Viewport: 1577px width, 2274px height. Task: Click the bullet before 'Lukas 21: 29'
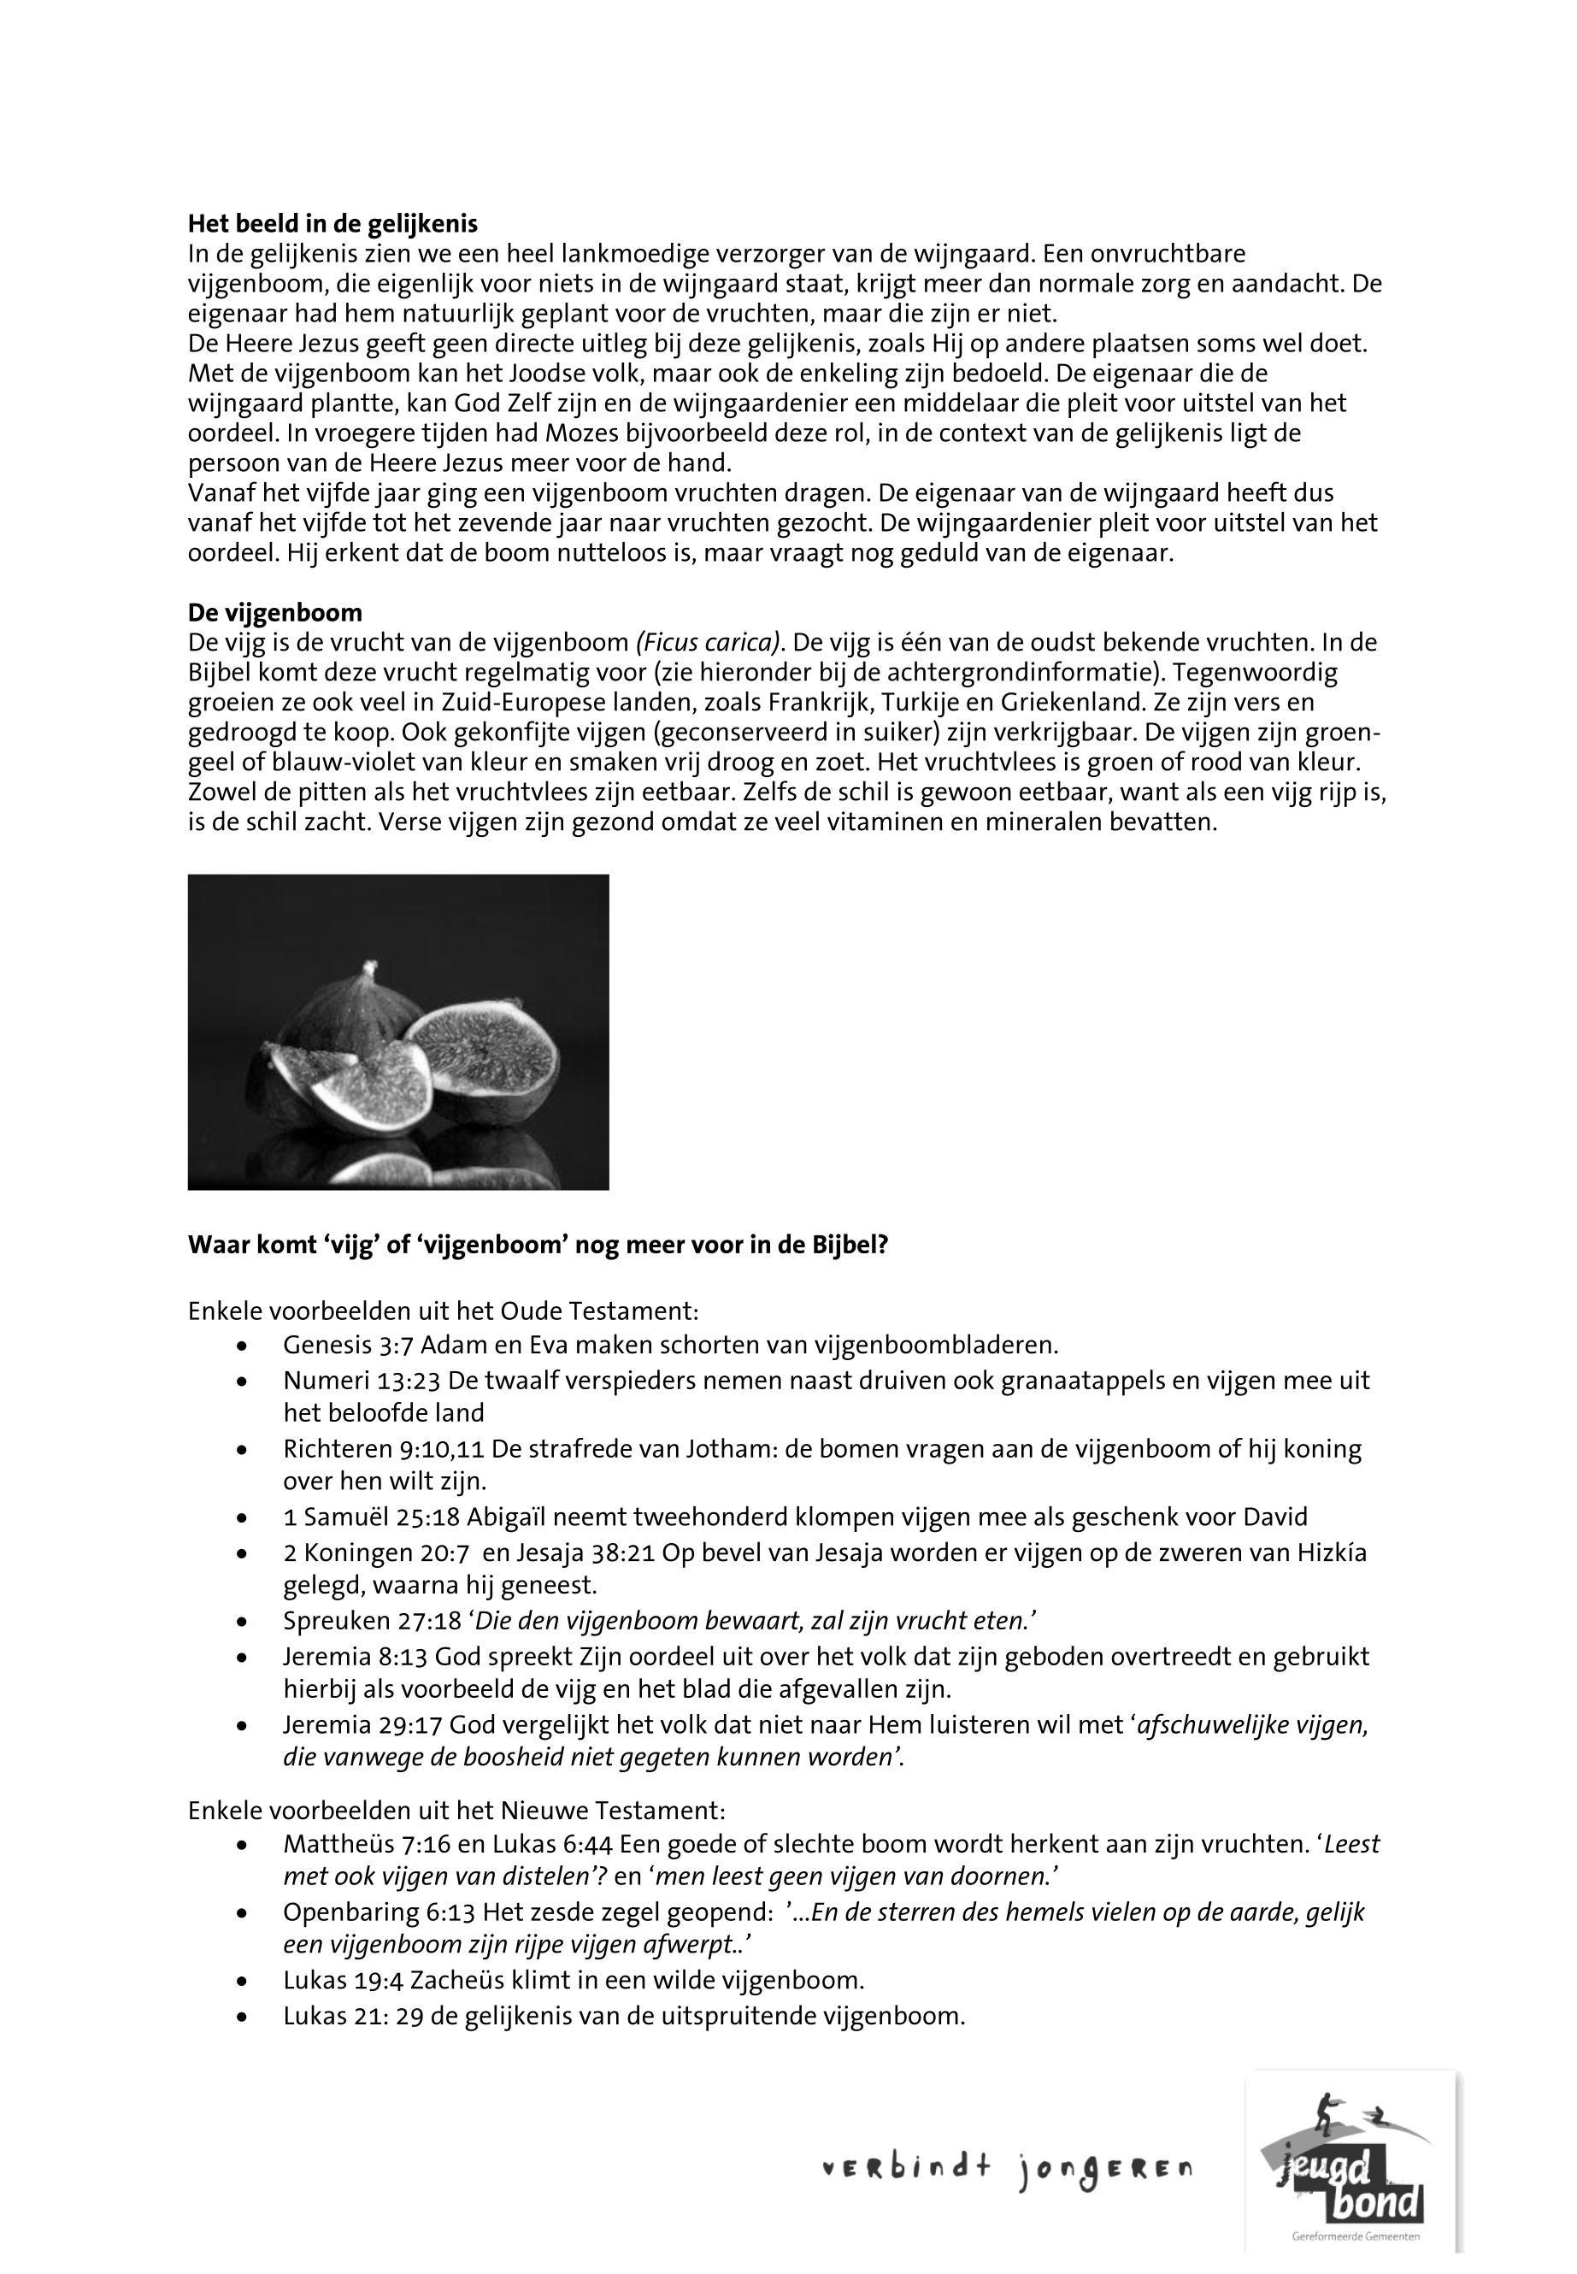coord(243,2017)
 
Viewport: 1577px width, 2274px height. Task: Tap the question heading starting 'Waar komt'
coord(538,1246)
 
